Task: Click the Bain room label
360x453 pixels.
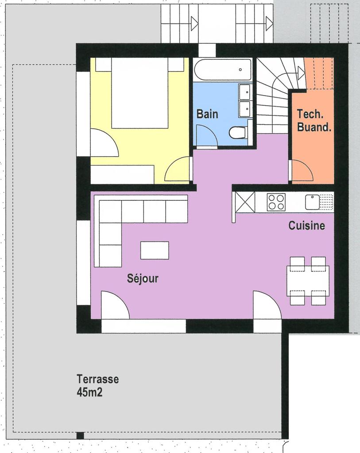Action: (207, 114)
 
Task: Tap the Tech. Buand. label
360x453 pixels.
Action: (314, 121)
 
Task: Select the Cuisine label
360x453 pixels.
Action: (306, 226)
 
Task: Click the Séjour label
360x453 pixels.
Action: (143, 279)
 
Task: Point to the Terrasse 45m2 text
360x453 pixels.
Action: (97, 385)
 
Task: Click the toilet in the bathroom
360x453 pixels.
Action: (237, 132)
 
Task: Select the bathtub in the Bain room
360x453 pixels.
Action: (222, 69)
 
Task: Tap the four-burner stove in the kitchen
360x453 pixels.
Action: (276, 202)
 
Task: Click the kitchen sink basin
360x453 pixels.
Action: (313, 202)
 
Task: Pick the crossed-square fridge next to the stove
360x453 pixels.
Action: (245, 202)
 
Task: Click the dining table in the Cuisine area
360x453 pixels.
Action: (308, 281)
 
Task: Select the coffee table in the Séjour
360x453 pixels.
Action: (155, 250)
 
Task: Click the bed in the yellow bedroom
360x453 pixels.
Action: (139, 93)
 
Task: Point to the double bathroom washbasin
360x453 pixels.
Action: (244, 100)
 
